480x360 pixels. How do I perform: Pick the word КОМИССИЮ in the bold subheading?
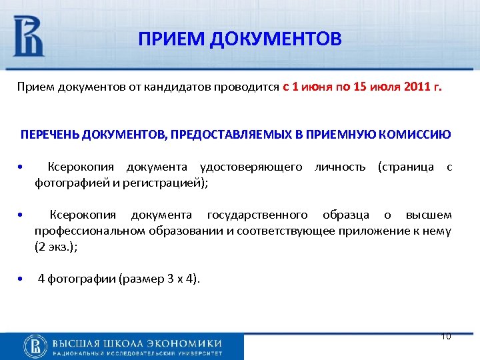coord(421,135)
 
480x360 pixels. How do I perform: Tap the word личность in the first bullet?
coord(343,167)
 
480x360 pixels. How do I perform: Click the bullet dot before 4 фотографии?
coord(22,279)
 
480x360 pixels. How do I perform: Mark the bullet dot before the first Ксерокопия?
coord(22,167)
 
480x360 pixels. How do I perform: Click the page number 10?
coord(446,337)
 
